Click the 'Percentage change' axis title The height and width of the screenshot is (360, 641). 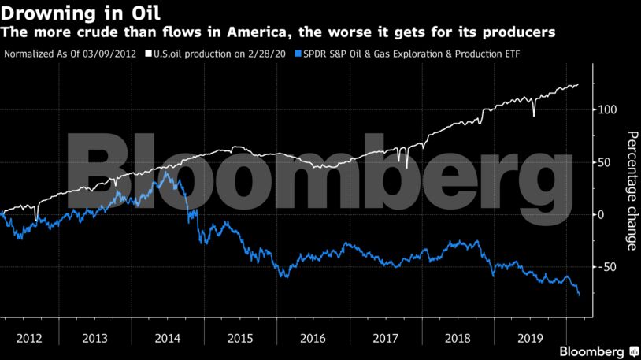point(631,191)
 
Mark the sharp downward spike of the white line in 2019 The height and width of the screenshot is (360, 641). point(534,116)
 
